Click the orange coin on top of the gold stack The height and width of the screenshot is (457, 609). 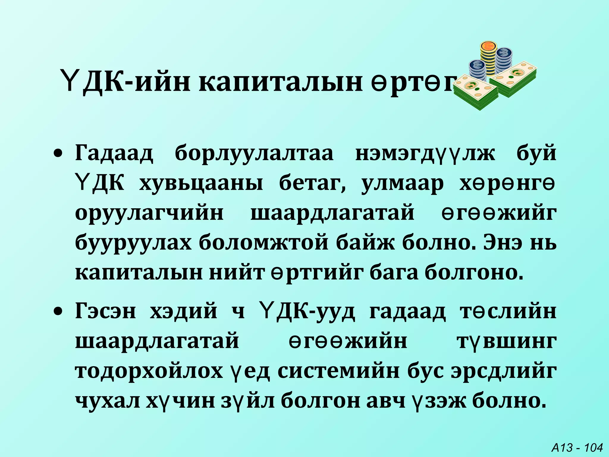click(488, 46)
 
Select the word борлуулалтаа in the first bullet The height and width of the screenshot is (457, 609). click(254, 154)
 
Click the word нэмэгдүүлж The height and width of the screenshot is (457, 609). click(425, 154)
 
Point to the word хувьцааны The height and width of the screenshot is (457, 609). click(201, 184)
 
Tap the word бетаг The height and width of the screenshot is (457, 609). click(312, 184)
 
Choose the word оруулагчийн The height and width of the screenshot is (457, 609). click(149, 213)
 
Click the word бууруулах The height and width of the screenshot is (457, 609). click(134, 243)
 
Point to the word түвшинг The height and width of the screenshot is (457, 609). click(507, 341)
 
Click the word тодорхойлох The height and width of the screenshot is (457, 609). click(149, 371)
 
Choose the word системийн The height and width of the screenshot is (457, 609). click(339, 371)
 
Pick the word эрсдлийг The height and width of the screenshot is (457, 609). click(504, 371)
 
